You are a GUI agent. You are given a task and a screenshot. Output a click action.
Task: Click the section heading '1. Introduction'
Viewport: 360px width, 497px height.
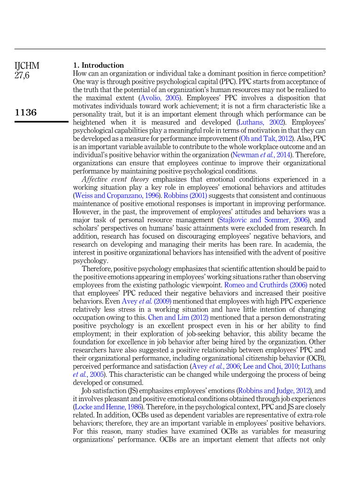point(99,65)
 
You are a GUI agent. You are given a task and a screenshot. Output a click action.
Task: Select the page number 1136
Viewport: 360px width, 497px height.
point(26,112)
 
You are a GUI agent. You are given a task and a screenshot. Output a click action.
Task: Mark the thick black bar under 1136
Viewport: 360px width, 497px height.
point(41,122)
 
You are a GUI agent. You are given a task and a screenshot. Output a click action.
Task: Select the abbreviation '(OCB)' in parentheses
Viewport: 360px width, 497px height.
point(316,358)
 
